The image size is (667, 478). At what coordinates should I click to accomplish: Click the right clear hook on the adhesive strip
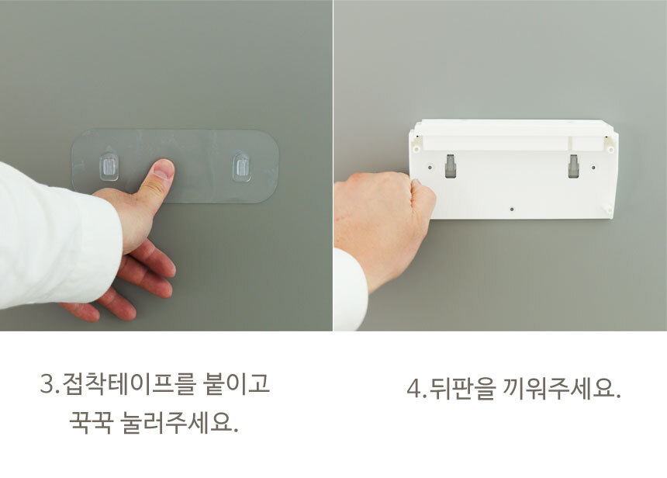coord(242,166)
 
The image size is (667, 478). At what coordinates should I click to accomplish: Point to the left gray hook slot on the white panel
coord(451,166)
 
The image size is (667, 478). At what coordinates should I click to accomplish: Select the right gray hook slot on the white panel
coord(573,166)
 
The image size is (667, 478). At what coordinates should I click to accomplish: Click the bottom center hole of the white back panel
coord(512,210)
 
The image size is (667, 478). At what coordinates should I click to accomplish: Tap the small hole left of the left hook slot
coord(430,168)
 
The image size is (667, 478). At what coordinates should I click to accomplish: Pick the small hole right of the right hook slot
coord(593,168)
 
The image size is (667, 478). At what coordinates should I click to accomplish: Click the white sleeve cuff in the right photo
coord(350,289)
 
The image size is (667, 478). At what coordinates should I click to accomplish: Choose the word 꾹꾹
coord(91,422)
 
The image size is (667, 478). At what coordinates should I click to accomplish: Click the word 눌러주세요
coord(179,422)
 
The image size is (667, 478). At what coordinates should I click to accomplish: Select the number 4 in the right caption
coord(413,389)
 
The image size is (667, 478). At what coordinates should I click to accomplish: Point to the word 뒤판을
coord(463,388)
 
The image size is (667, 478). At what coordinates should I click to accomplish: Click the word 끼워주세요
coord(562,388)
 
